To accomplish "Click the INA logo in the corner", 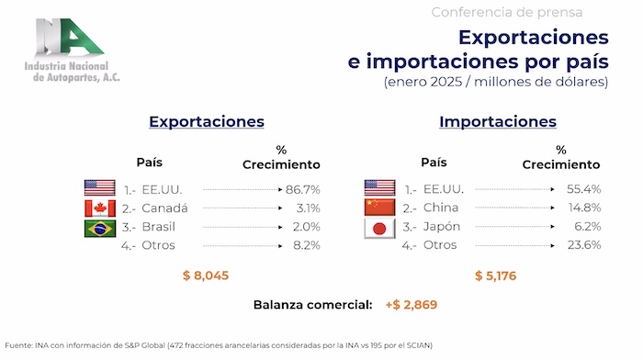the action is (x=73, y=50).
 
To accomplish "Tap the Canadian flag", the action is (x=99, y=208).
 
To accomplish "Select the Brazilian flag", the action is (x=99, y=229).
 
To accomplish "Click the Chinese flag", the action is (x=379, y=208).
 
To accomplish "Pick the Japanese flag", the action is (x=379, y=229).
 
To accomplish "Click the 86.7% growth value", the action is (x=302, y=189).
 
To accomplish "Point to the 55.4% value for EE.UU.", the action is (x=584, y=189).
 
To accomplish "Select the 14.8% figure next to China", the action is (x=585, y=208).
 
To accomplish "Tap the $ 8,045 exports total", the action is (x=206, y=276).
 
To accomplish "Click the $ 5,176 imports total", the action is (x=495, y=276).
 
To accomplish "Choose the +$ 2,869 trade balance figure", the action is (x=412, y=305).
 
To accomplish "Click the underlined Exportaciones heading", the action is (x=207, y=122).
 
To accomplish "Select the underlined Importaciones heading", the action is (x=498, y=122).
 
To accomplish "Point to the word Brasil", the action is (x=158, y=227).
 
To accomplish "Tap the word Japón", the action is (x=442, y=227).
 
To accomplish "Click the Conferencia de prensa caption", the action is (x=507, y=12).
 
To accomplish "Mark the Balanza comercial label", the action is (x=313, y=305).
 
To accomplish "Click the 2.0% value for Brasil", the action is (x=306, y=227).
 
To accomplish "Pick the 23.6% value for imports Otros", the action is (x=584, y=245).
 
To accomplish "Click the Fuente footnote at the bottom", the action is (x=219, y=345).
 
